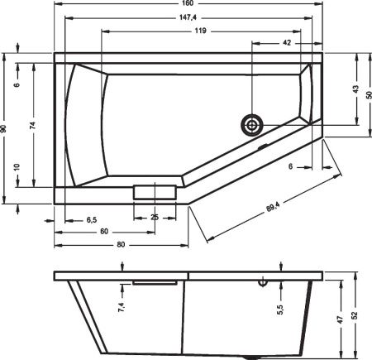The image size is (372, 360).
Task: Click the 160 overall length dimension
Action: (x=191, y=4)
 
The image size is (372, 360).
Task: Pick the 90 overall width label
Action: (x=4, y=129)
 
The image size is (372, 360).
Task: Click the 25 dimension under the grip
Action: (x=154, y=217)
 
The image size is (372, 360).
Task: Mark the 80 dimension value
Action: (x=121, y=244)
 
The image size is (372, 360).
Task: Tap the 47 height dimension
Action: (x=341, y=317)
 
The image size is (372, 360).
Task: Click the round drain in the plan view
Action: (x=252, y=125)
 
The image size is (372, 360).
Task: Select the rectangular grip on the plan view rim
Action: (x=155, y=191)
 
